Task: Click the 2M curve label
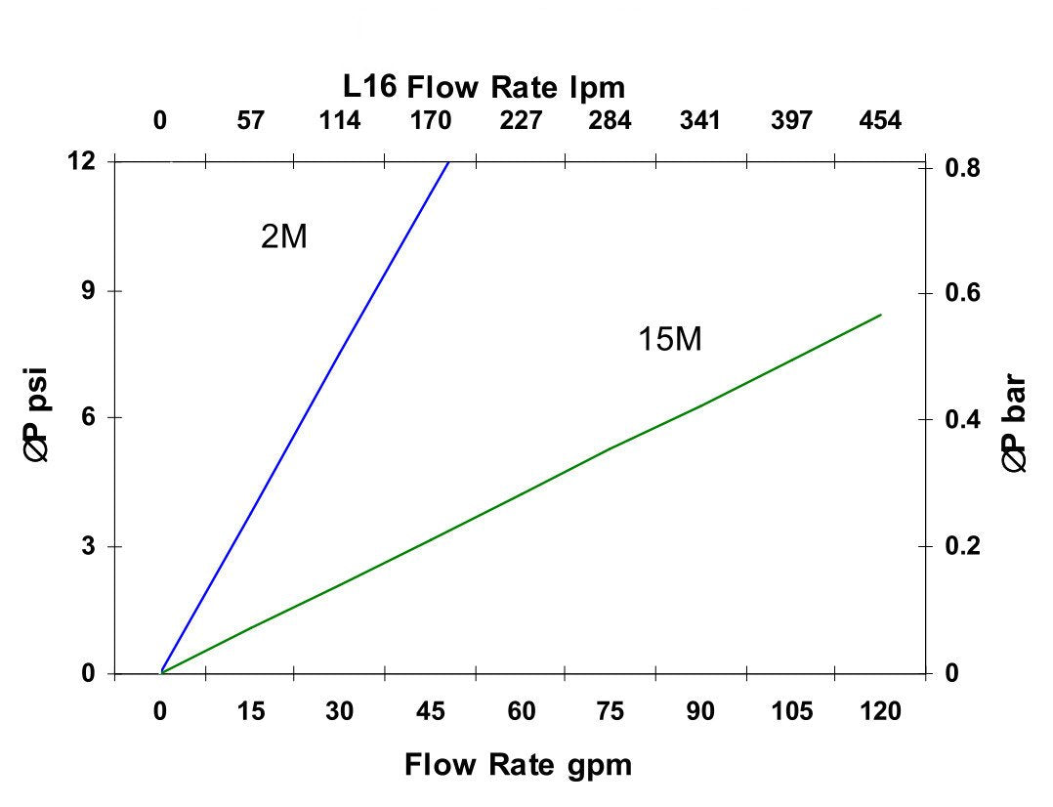click(284, 237)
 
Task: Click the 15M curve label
click(670, 340)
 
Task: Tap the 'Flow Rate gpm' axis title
click(518, 764)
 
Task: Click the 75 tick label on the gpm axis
click(611, 712)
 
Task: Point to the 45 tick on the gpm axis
click(430, 712)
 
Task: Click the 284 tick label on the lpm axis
click(610, 121)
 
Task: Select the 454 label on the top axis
click(880, 121)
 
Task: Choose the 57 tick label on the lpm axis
click(250, 121)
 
